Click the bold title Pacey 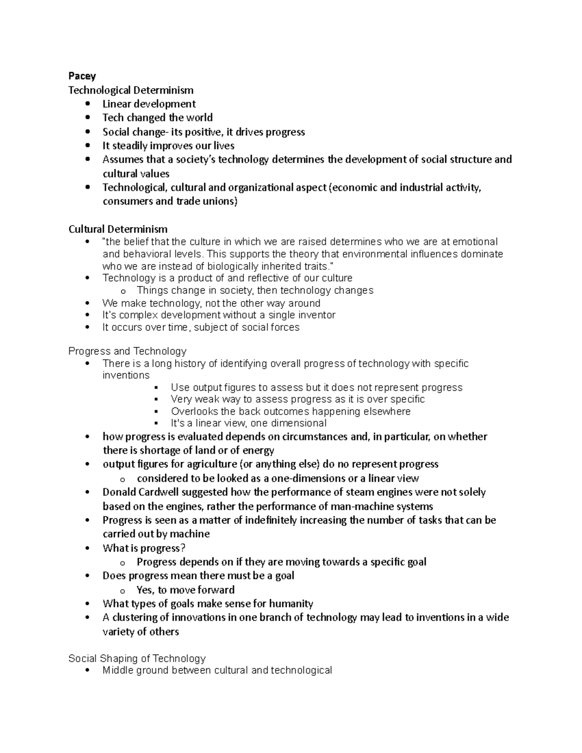(82, 76)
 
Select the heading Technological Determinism (131, 90)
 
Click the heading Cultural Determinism (118, 229)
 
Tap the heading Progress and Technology (127, 351)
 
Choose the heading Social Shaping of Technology (137, 658)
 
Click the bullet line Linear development (149, 104)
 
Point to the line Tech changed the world (157, 118)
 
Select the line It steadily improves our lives (168, 145)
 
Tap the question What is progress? (144, 548)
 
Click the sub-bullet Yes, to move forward (185, 590)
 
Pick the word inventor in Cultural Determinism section (316, 315)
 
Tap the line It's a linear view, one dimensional (248, 423)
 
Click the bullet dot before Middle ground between (87, 671)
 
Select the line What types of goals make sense (208, 604)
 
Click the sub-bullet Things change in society (255, 290)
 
